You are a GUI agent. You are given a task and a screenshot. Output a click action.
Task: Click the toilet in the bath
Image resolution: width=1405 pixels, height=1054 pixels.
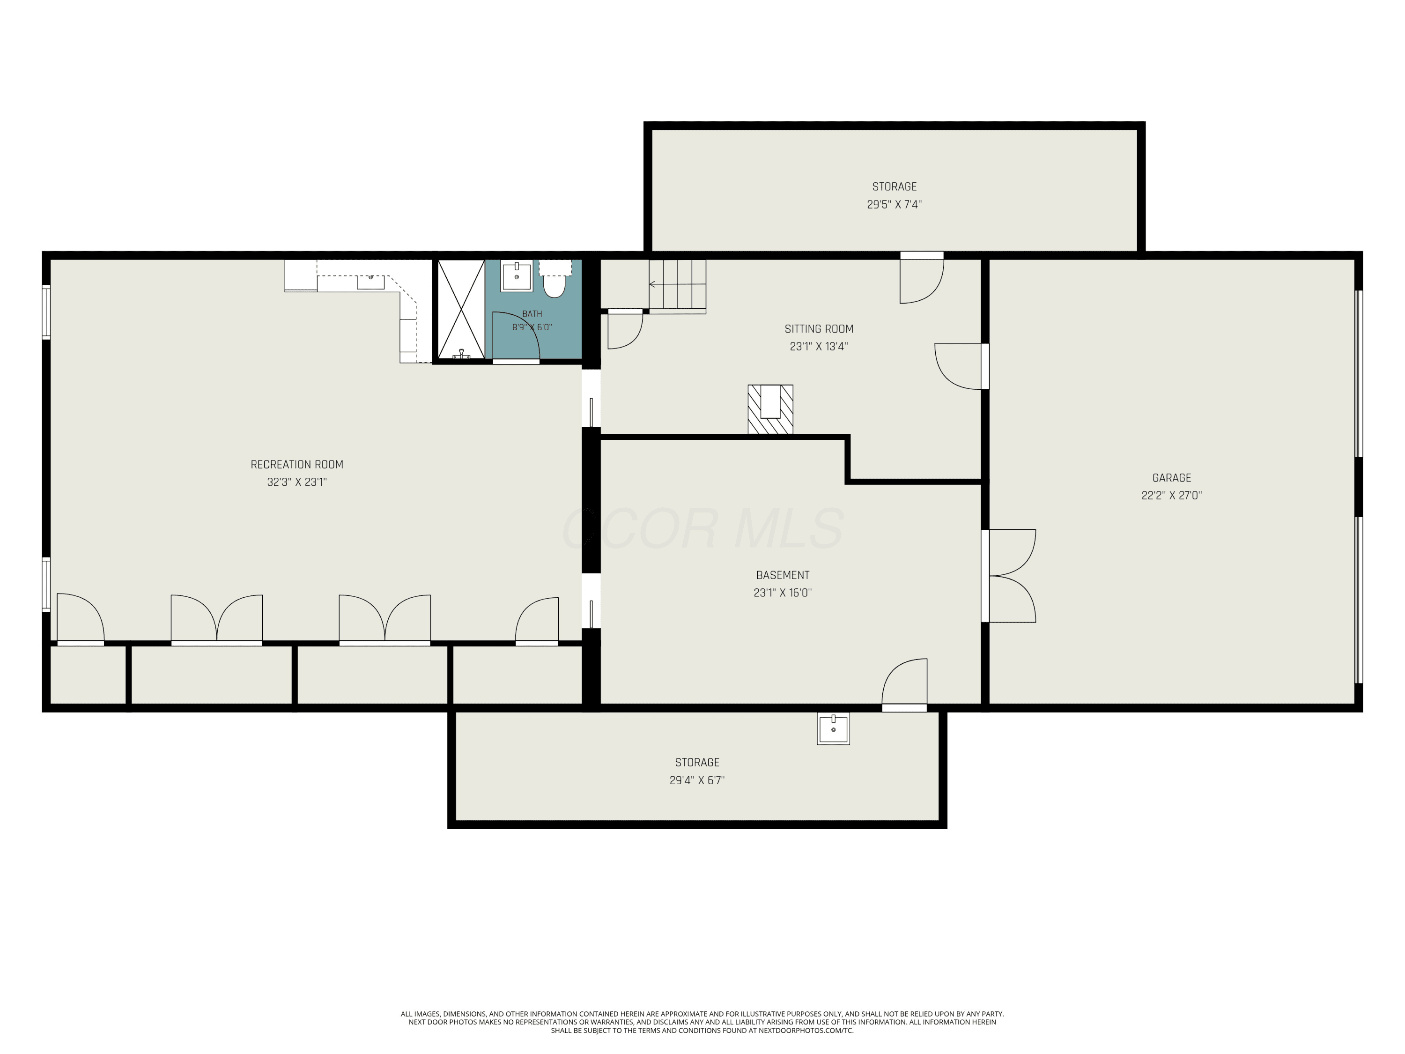point(555,280)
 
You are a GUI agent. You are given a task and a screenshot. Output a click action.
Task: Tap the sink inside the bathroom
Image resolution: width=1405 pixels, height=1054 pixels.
point(517,276)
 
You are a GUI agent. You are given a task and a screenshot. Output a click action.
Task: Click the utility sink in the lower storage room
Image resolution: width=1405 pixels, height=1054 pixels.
point(833,728)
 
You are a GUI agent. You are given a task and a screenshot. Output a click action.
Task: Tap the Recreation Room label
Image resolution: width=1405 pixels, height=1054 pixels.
point(296,464)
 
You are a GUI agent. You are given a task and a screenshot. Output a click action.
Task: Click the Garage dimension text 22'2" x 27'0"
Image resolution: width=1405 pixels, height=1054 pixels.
point(1171,496)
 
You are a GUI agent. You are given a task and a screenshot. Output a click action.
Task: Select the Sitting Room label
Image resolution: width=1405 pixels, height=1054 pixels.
point(819,328)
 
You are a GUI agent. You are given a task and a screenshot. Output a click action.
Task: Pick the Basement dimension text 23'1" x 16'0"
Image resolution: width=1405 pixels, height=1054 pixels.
point(783,593)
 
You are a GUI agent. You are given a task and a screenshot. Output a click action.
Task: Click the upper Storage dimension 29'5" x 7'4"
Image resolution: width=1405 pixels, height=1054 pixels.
point(895,205)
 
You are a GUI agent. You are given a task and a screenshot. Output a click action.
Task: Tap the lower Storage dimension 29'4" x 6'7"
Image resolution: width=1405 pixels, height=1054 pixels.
point(697,780)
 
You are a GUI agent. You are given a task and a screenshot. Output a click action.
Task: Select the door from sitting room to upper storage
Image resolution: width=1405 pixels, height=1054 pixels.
point(922,278)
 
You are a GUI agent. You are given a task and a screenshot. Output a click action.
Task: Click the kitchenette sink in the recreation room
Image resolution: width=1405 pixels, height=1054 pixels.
point(370,282)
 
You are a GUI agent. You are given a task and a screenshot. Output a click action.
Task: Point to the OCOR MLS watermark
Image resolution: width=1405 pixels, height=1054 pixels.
point(703,528)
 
